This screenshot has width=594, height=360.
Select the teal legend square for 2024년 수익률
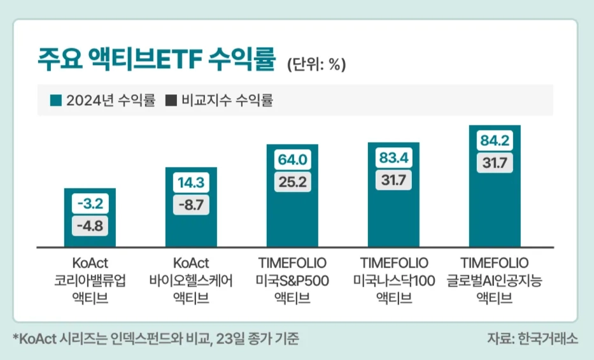pos(56,101)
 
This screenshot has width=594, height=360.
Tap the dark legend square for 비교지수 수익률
pos(171,101)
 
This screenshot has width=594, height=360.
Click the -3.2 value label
pos(90,205)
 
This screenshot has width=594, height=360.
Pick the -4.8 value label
pos(90,225)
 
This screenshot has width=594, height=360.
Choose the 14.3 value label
pos(191,184)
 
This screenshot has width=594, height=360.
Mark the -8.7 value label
pos(191,205)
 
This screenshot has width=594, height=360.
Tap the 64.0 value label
pos(292,160)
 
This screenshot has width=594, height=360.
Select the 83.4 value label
pos(393,157)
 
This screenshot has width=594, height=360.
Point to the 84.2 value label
pos(495,141)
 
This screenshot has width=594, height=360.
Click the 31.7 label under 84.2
pos(495,162)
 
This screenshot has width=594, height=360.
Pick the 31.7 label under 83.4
pos(393,180)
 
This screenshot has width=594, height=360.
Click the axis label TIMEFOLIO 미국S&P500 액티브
pos(292,280)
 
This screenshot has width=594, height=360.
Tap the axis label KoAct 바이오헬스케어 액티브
pos(191,280)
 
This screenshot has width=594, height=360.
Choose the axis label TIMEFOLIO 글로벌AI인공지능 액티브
pos(495,280)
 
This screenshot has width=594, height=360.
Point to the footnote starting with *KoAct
pos(155,338)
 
